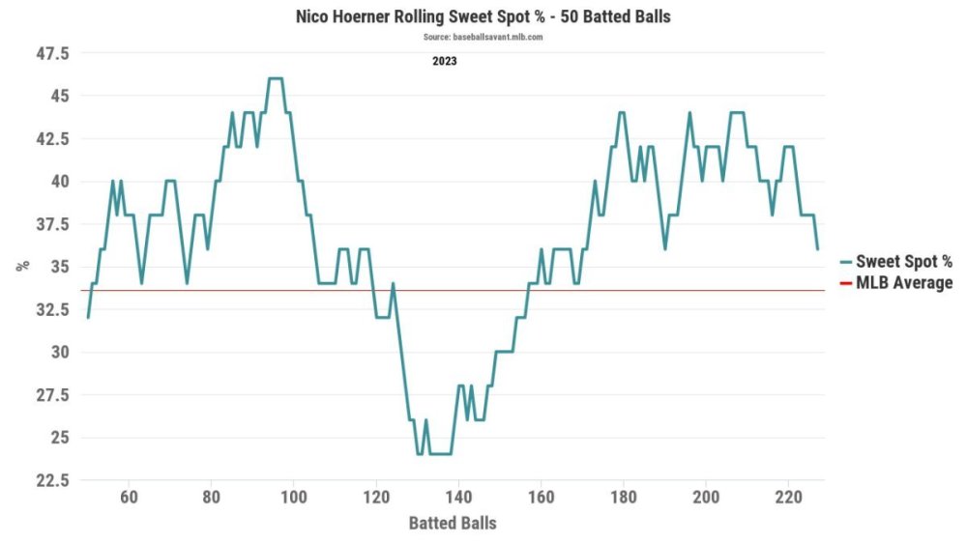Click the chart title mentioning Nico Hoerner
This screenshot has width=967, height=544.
(483, 17)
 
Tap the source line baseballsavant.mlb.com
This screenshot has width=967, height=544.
(483, 37)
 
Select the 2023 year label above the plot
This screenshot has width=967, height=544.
(445, 61)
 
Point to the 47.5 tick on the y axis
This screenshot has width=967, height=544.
(52, 53)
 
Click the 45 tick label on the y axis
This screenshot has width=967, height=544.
(61, 96)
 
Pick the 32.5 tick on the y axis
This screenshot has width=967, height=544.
(52, 309)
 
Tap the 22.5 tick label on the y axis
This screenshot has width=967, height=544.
(52, 480)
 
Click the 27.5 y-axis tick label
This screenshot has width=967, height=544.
(52, 394)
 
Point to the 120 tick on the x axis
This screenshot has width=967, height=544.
(375, 499)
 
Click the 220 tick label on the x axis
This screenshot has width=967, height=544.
(787, 499)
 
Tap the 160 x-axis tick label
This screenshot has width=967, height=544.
(541, 499)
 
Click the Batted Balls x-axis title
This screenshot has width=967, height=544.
(453, 523)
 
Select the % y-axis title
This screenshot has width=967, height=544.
(22, 266)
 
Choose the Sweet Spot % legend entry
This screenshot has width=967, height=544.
(903, 261)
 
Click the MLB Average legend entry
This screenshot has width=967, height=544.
(903, 283)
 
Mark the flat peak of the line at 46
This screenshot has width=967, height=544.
(275, 79)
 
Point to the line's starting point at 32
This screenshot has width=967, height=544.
(88, 317)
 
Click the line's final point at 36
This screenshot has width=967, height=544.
(817, 249)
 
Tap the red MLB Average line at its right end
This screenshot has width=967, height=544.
(822, 290)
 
